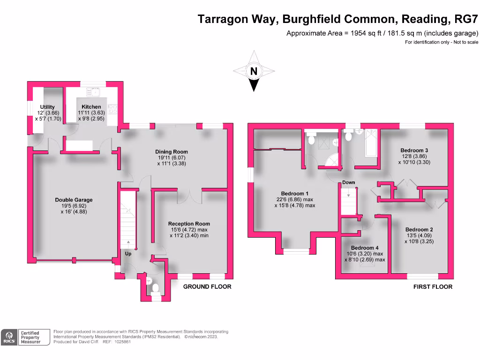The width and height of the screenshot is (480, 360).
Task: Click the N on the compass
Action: click(x=254, y=72)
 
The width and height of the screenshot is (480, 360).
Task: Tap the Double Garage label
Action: click(x=74, y=200)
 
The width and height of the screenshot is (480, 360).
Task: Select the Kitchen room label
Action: click(x=91, y=107)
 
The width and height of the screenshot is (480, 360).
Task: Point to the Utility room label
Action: click(x=47, y=107)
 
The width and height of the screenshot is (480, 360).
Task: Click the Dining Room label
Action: click(x=172, y=152)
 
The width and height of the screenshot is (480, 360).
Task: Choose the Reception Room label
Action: click(x=189, y=224)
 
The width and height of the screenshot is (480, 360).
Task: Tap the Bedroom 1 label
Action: click(x=294, y=194)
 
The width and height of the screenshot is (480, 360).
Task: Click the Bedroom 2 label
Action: click(x=419, y=230)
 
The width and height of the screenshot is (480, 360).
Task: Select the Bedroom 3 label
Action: click(x=414, y=150)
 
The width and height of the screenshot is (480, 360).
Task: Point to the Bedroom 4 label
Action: click(x=364, y=248)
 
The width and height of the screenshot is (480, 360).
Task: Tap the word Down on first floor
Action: click(x=348, y=182)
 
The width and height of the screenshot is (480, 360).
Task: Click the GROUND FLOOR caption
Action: click(x=207, y=286)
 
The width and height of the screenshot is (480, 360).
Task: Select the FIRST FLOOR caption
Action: click(x=433, y=286)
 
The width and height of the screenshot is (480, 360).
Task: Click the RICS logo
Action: click(x=9, y=337)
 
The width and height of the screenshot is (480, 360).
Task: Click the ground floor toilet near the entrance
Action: click(x=155, y=287)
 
